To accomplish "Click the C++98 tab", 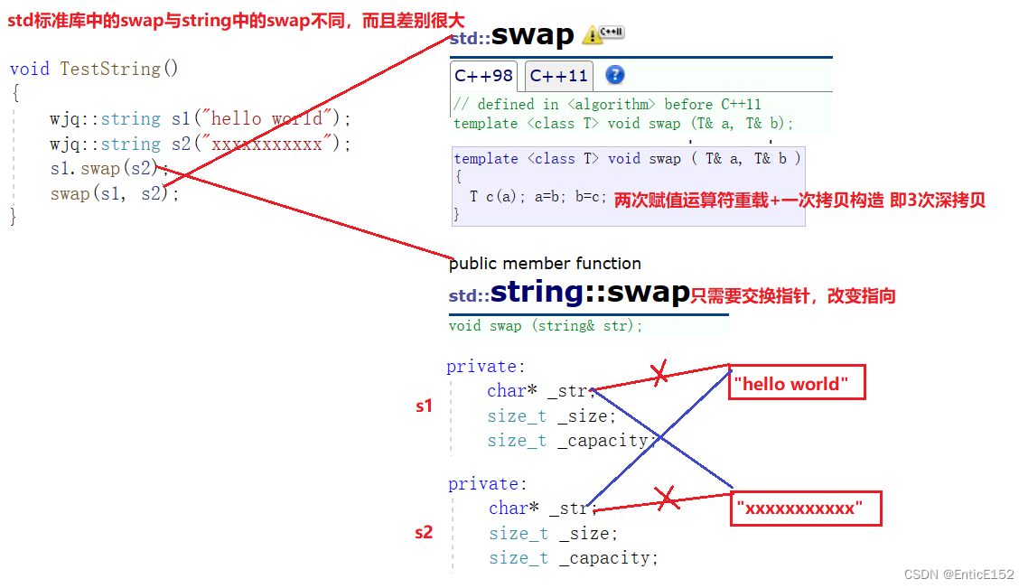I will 483,76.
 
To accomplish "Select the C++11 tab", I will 558,76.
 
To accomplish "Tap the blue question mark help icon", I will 614,75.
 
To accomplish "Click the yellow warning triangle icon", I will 593,35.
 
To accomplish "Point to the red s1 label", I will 424,406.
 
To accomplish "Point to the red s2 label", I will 424,532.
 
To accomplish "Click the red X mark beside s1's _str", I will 659,372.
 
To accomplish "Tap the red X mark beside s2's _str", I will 667,498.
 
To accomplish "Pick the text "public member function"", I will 545,264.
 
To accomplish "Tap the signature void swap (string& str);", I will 546,326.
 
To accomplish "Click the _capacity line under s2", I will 574,558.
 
